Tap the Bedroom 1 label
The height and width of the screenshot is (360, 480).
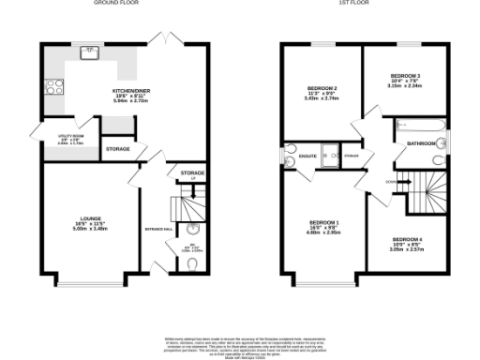click(324, 225)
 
